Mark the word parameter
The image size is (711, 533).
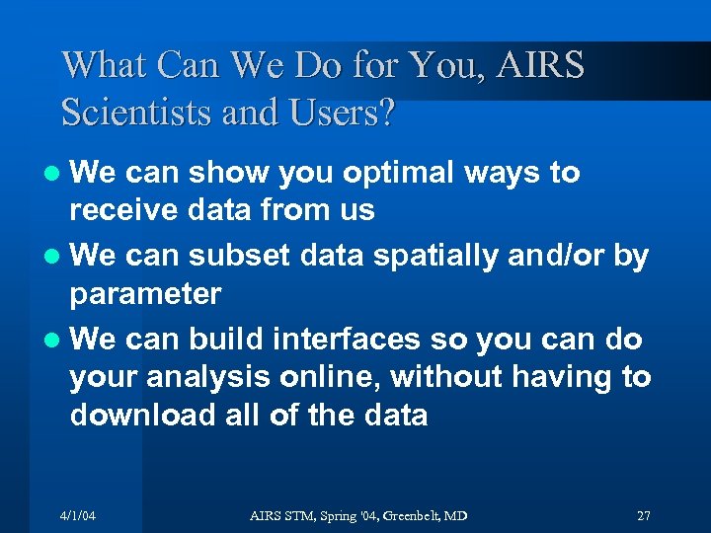(x=145, y=293)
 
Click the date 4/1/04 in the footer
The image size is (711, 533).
(x=78, y=516)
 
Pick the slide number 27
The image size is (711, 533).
(x=643, y=516)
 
